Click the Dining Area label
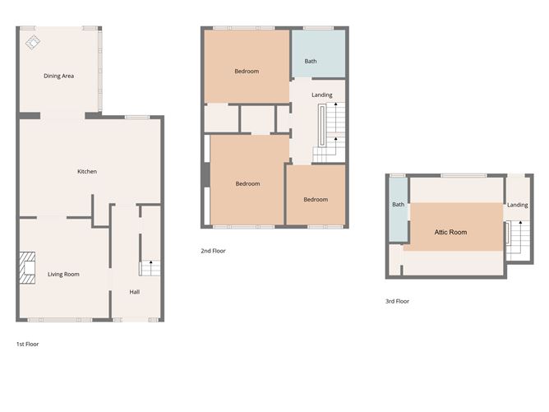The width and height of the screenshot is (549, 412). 59,76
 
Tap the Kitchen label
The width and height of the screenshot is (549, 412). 87,172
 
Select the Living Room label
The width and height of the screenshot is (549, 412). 63,274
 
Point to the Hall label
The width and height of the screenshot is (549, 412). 134,292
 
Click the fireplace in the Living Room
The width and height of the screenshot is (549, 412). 29,268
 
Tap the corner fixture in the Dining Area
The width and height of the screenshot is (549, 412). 34,41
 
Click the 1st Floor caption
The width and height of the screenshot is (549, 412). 27,344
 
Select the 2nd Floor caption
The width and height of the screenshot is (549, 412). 213,251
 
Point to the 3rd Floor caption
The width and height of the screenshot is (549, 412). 397,301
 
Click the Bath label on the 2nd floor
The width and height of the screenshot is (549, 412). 311,62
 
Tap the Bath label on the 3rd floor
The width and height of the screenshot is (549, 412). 398,205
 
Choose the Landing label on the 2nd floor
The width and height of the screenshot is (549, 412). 322,95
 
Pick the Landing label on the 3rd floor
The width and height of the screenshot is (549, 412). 518,205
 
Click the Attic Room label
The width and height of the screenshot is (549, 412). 450,233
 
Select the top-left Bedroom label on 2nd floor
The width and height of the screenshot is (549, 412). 247,72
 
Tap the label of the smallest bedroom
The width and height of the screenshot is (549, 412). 315,200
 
